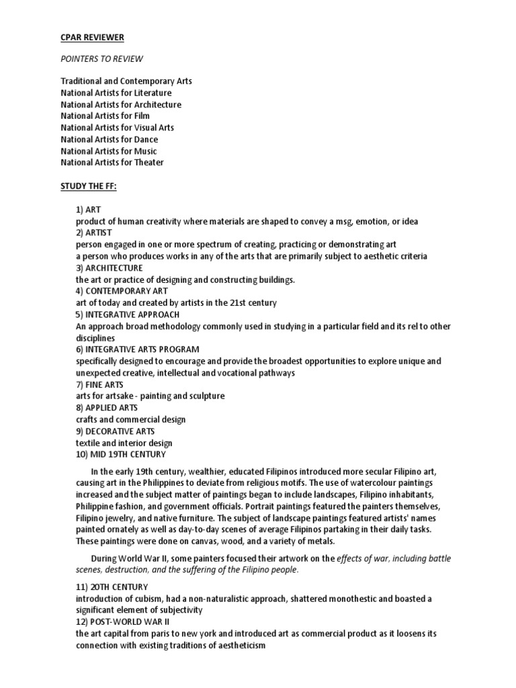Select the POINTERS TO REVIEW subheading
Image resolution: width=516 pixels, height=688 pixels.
tap(101, 58)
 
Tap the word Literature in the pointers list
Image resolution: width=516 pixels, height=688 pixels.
tap(150, 93)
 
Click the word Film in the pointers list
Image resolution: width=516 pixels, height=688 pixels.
tap(142, 116)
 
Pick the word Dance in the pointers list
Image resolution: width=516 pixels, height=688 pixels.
tap(146, 139)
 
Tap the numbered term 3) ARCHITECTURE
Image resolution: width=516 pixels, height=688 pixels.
tap(109, 267)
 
